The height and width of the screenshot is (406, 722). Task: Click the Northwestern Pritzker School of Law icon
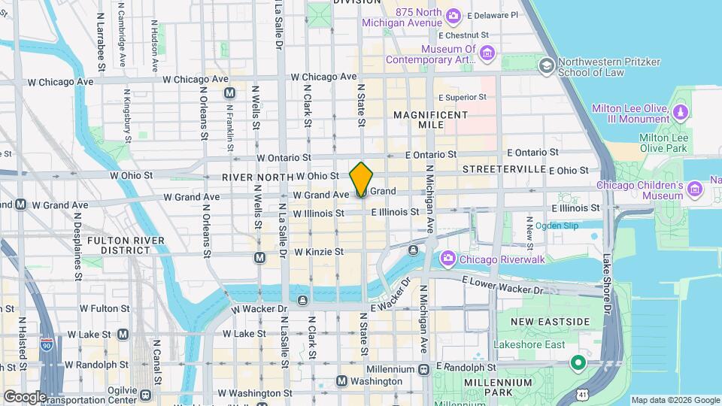tap(545, 66)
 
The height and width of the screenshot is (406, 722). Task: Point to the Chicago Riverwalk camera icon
tap(448, 259)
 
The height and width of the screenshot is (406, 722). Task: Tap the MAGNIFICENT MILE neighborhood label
tap(430, 120)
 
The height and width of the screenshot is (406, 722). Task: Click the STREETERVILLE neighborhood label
tap(504, 169)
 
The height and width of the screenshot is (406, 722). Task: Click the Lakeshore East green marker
tap(578, 364)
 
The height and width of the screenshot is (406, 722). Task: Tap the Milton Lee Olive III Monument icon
tap(681, 113)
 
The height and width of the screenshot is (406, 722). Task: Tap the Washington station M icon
tap(341, 381)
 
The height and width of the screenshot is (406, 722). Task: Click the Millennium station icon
tap(423, 369)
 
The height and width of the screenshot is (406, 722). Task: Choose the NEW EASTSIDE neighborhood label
tap(551, 322)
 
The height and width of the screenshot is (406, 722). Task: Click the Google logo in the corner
tap(24, 397)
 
